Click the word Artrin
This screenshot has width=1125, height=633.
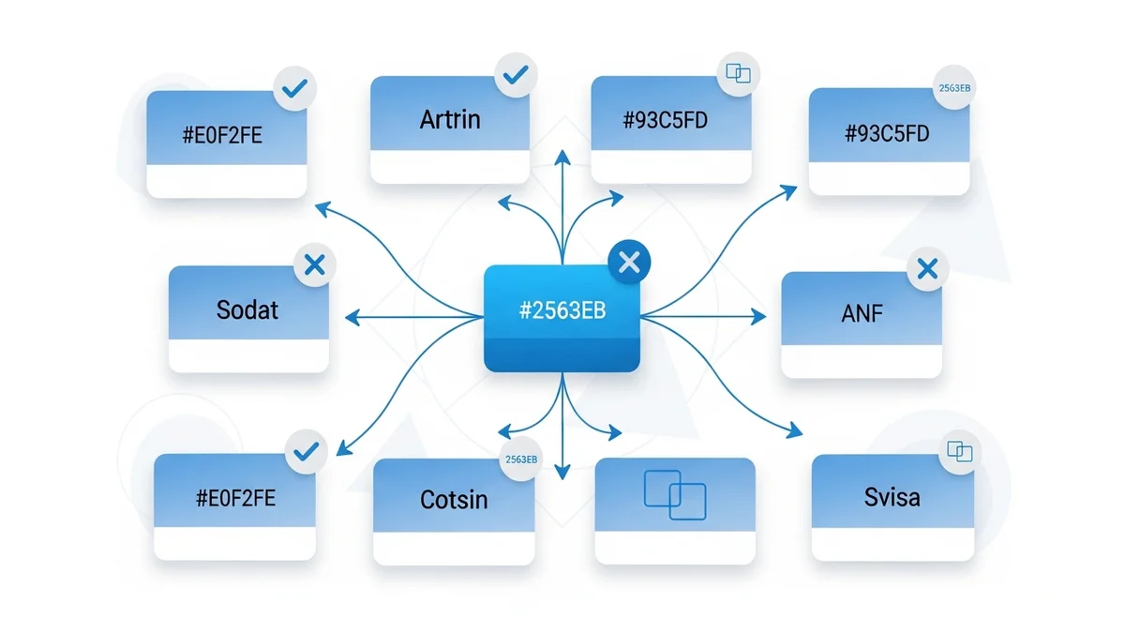[x=450, y=119]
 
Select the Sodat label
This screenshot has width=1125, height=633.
[x=247, y=309]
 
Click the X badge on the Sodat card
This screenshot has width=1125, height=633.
[x=315, y=265]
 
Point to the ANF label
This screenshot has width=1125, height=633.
[x=862, y=314]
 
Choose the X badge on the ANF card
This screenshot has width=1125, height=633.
[x=927, y=270]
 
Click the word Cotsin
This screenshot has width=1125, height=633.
[x=454, y=499]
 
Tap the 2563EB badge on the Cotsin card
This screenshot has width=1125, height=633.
[x=520, y=460]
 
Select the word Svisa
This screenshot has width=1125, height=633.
[x=892, y=496]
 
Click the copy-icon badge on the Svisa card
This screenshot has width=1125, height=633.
[x=960, y=452]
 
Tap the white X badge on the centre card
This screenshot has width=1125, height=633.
[x=629, y=264]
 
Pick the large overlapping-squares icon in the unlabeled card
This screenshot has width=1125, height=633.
[x=675, y=494]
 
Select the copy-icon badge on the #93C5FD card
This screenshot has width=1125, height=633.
[x=738, y=72]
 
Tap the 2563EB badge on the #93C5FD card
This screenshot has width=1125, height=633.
[x=954, y=88]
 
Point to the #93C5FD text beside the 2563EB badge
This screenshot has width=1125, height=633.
[x=887, y=133]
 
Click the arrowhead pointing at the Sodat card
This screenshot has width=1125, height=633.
[x=352, y=319]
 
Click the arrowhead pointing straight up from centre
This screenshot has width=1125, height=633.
[x=562, y=155]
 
